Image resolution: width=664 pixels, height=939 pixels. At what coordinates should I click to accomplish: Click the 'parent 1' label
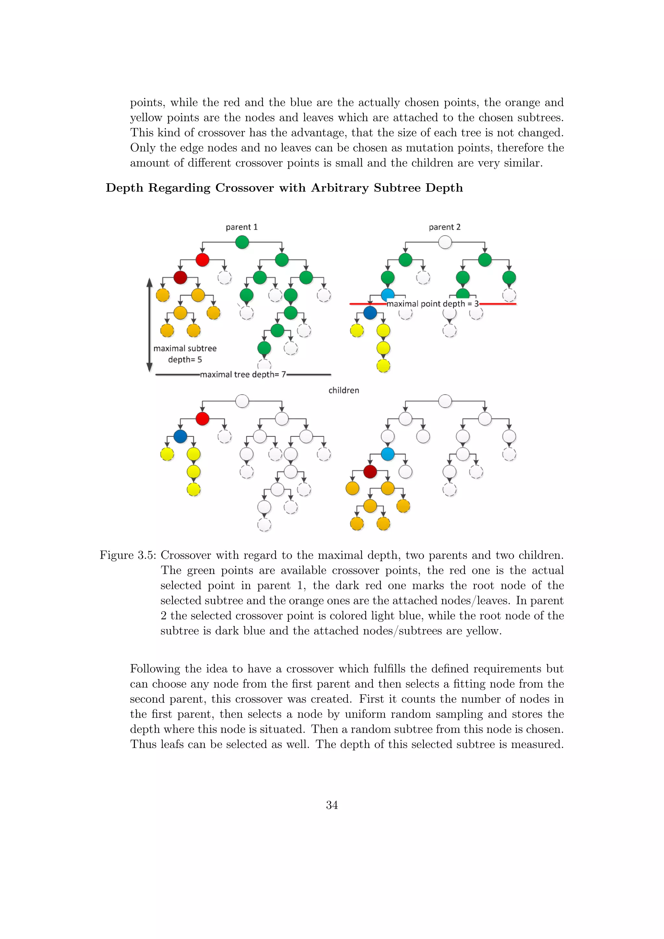242,227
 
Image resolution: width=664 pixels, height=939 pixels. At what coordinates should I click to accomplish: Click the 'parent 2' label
445,227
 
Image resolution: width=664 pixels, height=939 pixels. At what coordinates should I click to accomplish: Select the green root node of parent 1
242,242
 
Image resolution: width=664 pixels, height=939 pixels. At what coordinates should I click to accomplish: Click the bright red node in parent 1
202,260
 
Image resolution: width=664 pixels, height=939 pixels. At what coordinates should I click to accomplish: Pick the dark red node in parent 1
180,277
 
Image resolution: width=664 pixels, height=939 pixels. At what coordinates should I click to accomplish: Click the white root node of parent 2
445,242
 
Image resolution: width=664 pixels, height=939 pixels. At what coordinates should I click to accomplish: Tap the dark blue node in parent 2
370,313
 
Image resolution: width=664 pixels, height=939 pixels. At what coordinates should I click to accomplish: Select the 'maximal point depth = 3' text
433,304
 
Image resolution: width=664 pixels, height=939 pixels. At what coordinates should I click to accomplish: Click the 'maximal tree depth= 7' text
243,374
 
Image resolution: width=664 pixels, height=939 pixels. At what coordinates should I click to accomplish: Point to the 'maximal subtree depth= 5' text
185,354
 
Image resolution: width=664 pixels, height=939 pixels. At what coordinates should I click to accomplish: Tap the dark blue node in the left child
180,436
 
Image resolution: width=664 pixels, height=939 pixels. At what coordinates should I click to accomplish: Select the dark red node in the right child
370,471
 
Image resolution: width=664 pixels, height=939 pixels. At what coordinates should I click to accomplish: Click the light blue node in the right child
388,454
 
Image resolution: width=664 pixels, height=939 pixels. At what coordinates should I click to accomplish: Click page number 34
332,805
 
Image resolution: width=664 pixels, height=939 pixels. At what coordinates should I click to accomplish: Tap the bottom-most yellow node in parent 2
383,366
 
